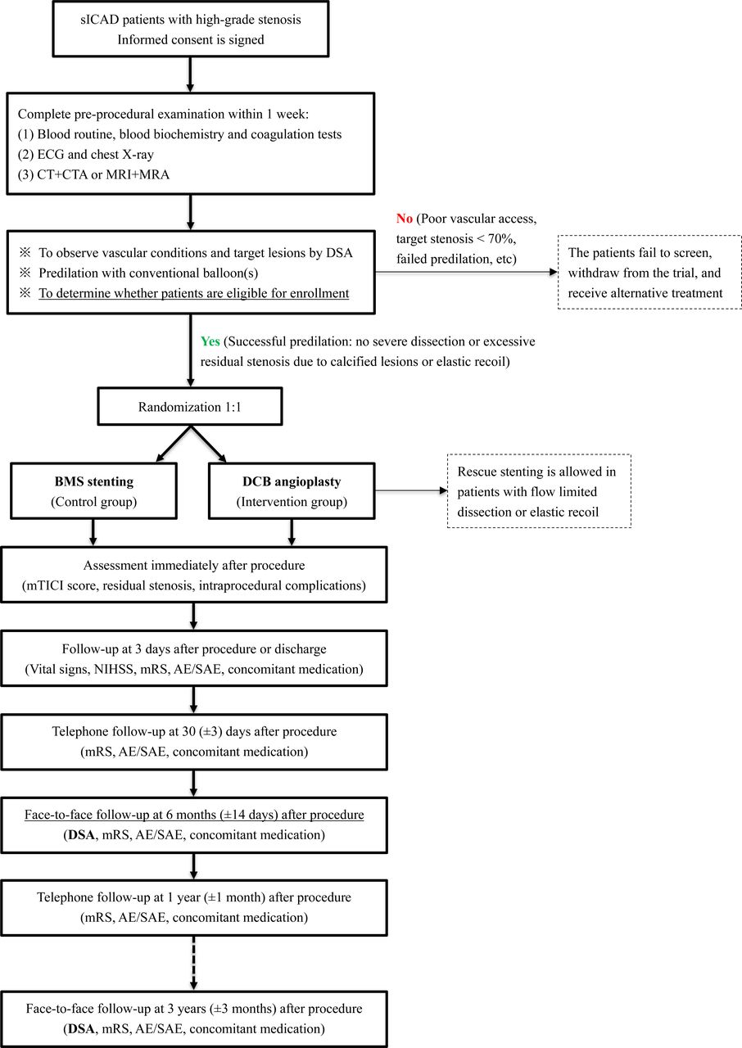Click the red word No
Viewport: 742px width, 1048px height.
point(405,219)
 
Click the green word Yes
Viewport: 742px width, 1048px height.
point(210,341)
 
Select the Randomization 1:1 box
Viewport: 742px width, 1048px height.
point(190,406)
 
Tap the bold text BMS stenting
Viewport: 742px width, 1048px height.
point(94,481)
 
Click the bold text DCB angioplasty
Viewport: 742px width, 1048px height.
point(292,481)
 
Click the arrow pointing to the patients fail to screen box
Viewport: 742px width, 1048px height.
point(467,272)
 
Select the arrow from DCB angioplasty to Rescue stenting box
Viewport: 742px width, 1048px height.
point(412,490)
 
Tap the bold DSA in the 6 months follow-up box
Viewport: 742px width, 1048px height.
point(81,834)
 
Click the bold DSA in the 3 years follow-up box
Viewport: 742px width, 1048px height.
point(81,1028)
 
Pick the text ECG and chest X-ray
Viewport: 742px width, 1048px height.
point(96,155)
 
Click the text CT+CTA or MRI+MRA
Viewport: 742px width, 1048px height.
point(103,174)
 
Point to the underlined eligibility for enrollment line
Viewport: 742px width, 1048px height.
point(193,293)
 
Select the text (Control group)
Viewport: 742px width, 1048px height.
point(94,502)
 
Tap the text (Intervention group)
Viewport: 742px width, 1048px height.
point(292,502)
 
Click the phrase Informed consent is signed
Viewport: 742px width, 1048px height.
point(190,40)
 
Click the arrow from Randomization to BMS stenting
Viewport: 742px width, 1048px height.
point(174,444)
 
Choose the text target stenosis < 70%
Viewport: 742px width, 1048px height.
point(455,238)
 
